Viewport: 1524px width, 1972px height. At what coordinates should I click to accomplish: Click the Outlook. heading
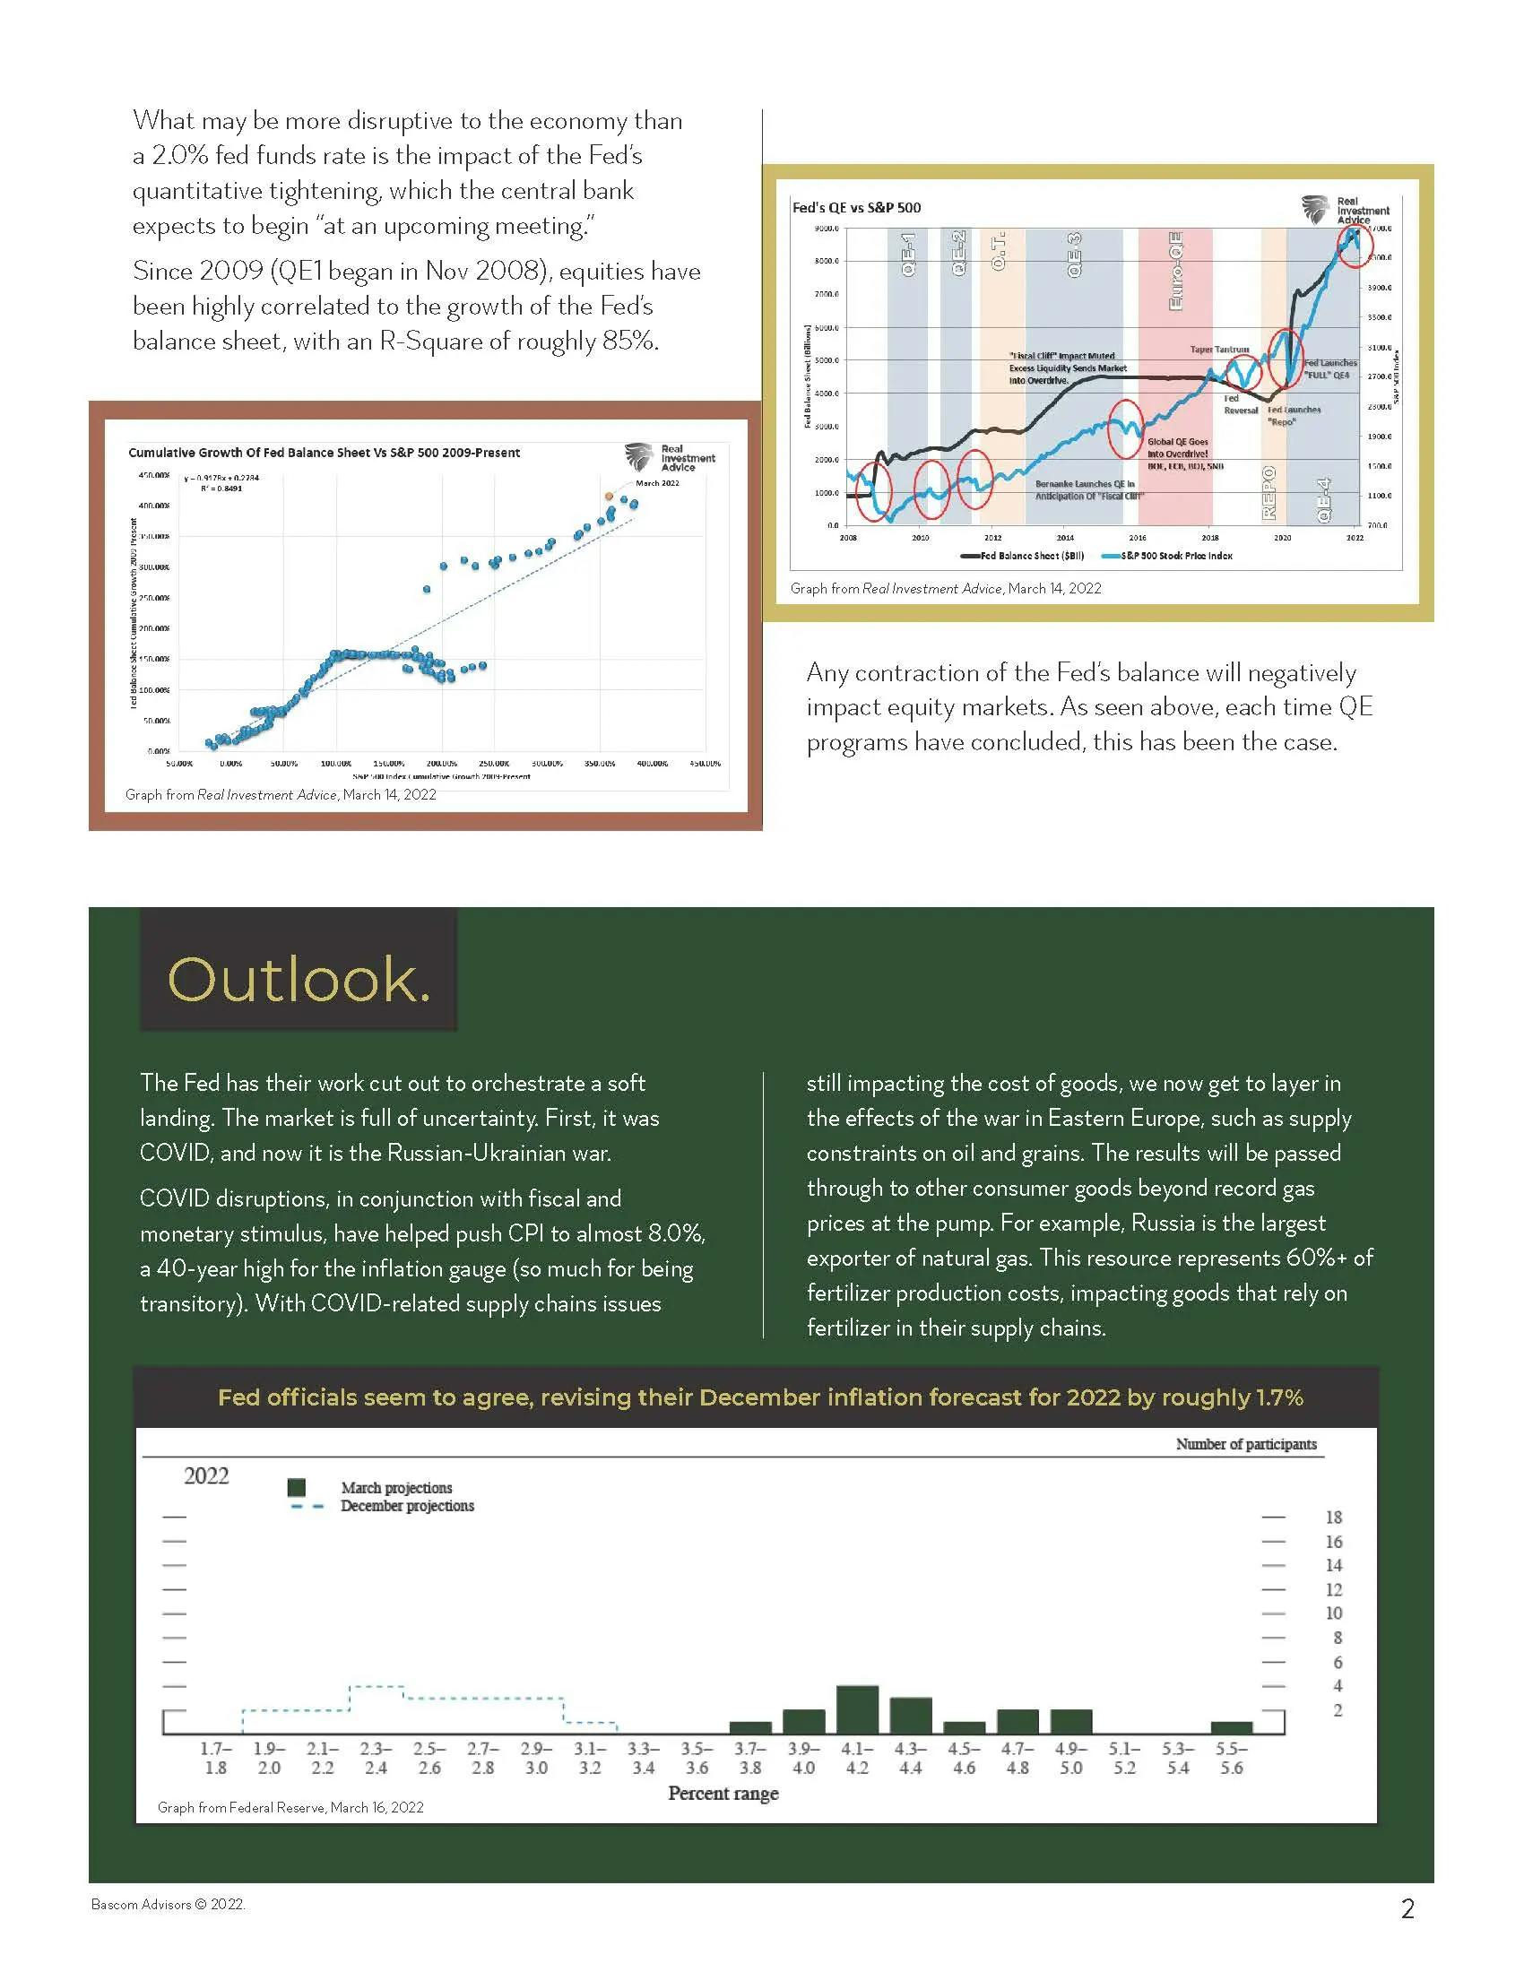pyautogui.click(x=299, y=980)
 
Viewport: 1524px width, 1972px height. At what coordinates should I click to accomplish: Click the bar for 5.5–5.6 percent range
pyautogui.click(x=1232, y=1728)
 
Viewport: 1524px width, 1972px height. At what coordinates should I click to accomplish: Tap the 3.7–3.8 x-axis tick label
pyautogui.click(x=749, y=1759)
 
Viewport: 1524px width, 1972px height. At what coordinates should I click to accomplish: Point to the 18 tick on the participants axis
pyautogui.click(x=1334, y=1518)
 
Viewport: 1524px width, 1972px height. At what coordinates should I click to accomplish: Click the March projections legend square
pyautogui.click(x=296, y=1487)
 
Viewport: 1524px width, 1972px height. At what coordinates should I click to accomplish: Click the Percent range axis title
pyautogui.click(x=723, y=1794)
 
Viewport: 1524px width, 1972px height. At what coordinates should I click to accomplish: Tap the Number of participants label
pyautogui.click(x=1246, y=1444)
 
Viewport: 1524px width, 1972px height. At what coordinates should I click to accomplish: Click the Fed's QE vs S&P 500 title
pyautogui.click(x=856, y=208)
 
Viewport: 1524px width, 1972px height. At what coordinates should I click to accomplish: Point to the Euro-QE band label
pyautogui.click(x=1174, y=270)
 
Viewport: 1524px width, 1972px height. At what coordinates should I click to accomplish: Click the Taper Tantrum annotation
pyautogui.click(x=1219, y=350)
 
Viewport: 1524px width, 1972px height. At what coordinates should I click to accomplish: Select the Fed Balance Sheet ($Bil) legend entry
pyautogui.click(x=1023, y=557)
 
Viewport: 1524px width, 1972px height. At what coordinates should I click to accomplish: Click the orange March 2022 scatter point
pyautogui.click(x=609, y=496)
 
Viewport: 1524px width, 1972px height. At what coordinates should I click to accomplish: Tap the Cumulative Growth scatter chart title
pyautogui.click(x=325, y=453)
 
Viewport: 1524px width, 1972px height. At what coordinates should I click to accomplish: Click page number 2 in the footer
pyautogui.click(x=1407, y=1907)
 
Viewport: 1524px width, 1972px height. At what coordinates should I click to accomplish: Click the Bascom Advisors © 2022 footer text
pyautogui.click(x=168, y=1904)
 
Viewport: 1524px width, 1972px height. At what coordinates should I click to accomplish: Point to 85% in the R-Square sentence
pyautogui.click(x=629, y=342)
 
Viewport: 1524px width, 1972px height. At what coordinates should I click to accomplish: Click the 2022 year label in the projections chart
pyautogui.click(x=206, y=1475)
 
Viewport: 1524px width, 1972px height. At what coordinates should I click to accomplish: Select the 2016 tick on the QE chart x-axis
pyautogui.click(x=1137, y=538)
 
